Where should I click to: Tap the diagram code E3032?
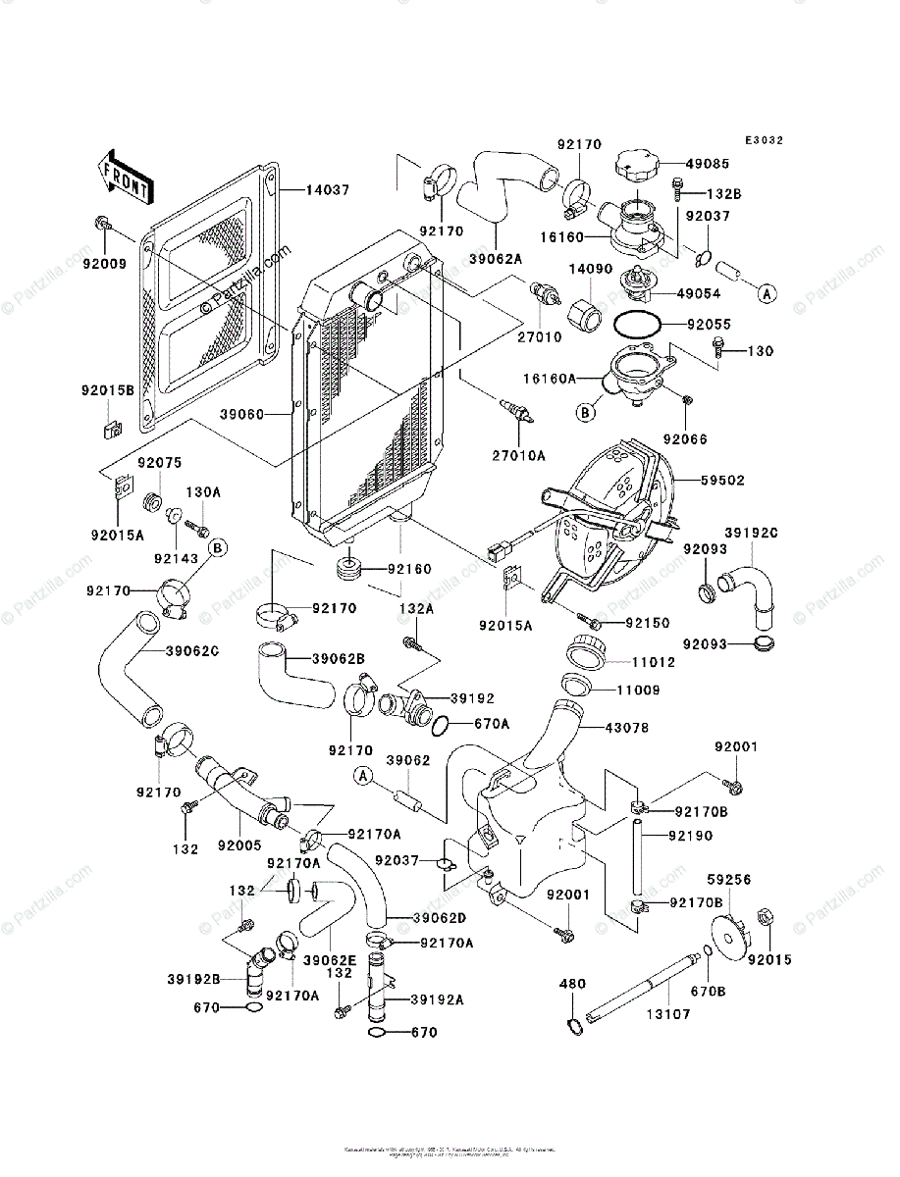click(763, 140)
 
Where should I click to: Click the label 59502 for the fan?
click(722, 481)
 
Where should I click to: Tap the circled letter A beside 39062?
click(364, 776)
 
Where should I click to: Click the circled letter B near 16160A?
click(586, 412)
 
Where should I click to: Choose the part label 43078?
click(626, 728)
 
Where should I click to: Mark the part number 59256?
click(729, 881)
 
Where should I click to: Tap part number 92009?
click(105, 263)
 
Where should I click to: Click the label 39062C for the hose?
click(191, 650)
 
